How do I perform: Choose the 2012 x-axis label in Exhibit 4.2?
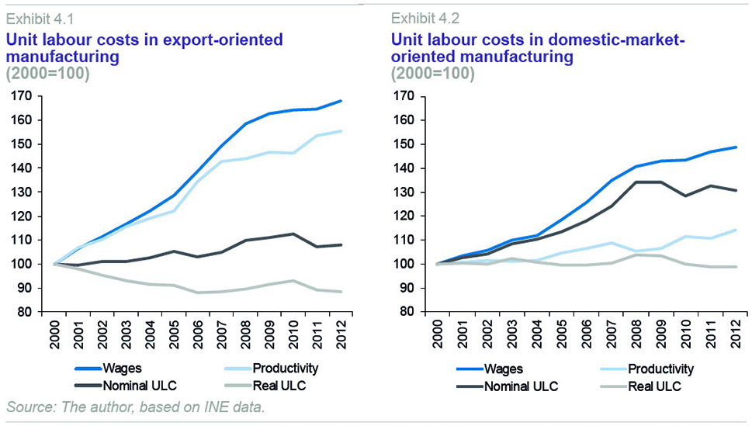coord(734,334)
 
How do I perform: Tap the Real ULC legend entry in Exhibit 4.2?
coord(653,386)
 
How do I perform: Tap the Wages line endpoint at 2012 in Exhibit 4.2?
coord(736,147)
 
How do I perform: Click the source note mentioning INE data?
coord(136,407)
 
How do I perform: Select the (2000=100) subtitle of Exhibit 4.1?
coord(48,74)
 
